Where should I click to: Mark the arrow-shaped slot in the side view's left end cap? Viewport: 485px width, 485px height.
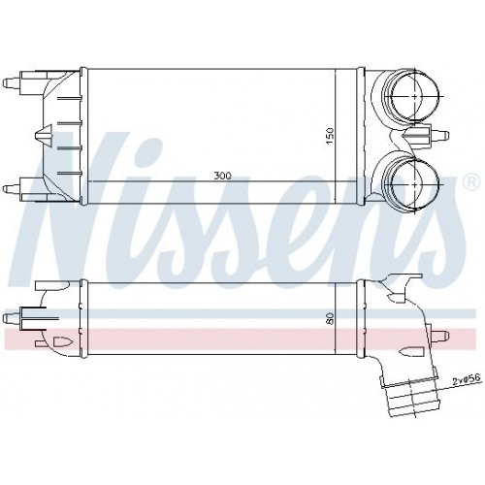60,340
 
